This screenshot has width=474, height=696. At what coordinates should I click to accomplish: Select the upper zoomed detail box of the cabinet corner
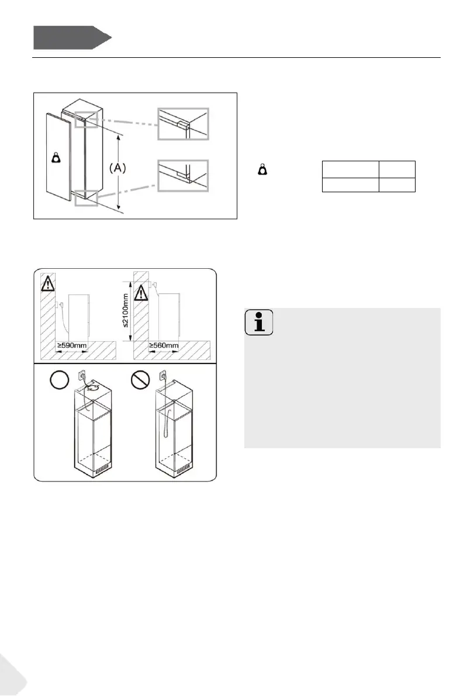coord(183,123)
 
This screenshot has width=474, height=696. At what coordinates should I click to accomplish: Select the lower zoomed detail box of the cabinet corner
coord(183,176)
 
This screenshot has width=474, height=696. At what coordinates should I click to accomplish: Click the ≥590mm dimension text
coord(72,346)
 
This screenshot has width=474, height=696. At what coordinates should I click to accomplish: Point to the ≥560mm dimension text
coord(164,346)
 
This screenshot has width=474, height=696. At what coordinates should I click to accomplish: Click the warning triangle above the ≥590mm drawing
coord(46,285)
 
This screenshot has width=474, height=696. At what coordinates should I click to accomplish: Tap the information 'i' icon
coord(258,323)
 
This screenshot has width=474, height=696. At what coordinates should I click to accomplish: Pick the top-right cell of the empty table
coord(396,169)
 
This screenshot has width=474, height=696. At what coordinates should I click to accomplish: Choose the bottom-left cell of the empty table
coord(349,185)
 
